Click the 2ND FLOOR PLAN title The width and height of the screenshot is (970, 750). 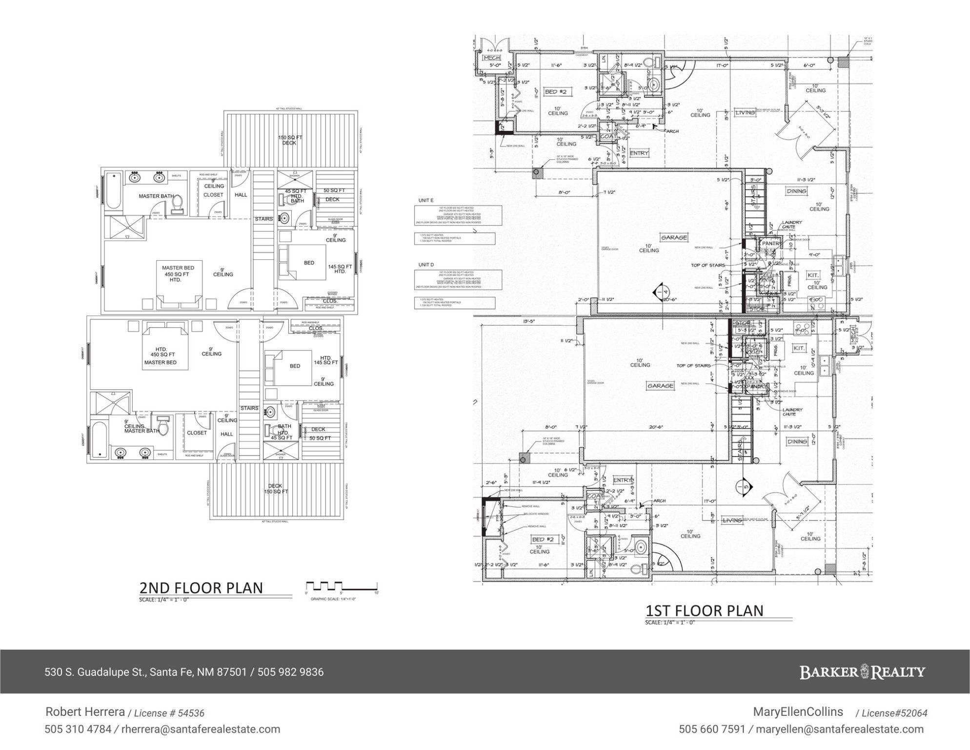(201, 588)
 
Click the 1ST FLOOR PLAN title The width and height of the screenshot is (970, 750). (705, 611)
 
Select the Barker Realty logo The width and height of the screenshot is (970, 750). (862, 672)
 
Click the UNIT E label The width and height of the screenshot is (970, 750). (425, 200)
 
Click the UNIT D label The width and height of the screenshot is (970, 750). (425, 265)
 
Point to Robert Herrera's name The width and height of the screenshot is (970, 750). (85, 712)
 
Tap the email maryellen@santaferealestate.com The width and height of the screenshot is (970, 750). (839, 729)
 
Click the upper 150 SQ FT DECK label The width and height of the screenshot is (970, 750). (290, 140)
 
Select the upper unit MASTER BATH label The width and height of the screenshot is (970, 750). (156, 196)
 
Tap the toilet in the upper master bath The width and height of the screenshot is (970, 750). (178, 204)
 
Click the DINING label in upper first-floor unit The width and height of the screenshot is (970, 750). (796, 191)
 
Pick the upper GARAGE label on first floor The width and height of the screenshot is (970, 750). (674, 237)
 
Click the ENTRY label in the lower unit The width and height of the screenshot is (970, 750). (623, 480)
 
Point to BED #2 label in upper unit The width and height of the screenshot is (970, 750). (555, 92)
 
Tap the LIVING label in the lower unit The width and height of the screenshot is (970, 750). (732, 521)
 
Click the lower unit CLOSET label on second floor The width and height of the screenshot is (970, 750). (197, 433)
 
